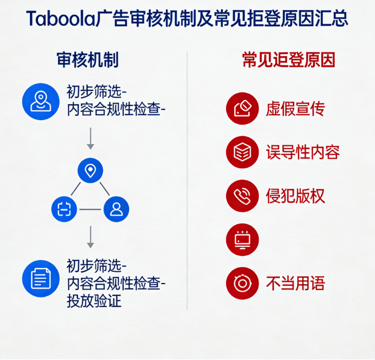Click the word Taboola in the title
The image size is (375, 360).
pyautogui.click(x=60, y=19)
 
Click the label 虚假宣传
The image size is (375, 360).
pyautogui.click(x=296, y=109)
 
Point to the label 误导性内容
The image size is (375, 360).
pyautogui.click(x=303, y=152)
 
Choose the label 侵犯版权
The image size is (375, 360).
pyautogui.click(x=296, y=195)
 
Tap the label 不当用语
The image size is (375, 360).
pyautogui.click(x=296, y=283)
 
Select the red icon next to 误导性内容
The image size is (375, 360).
pyautogui.click(x=243, y=152)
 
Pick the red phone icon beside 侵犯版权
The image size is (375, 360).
pyautogui.click(x=243, y=195)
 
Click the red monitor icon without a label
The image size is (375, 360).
pyautogui.click(x=243, y=239)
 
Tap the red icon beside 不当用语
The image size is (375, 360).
pyautogui.click(x=243, y=283)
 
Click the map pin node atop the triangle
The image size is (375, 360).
pyautogui.click(x=90, y=171)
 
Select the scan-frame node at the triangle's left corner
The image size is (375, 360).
pyautogui.click(x=65, y=209)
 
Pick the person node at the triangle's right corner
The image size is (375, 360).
pyautogui.click(x=116, y=209)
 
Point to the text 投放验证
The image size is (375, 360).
pyautogui.click(x=94, y=301)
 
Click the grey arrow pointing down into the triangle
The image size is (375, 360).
pyautogui.click(x=90, y=138)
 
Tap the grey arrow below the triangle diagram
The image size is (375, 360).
pyautogui.click(x=90, y=237)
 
